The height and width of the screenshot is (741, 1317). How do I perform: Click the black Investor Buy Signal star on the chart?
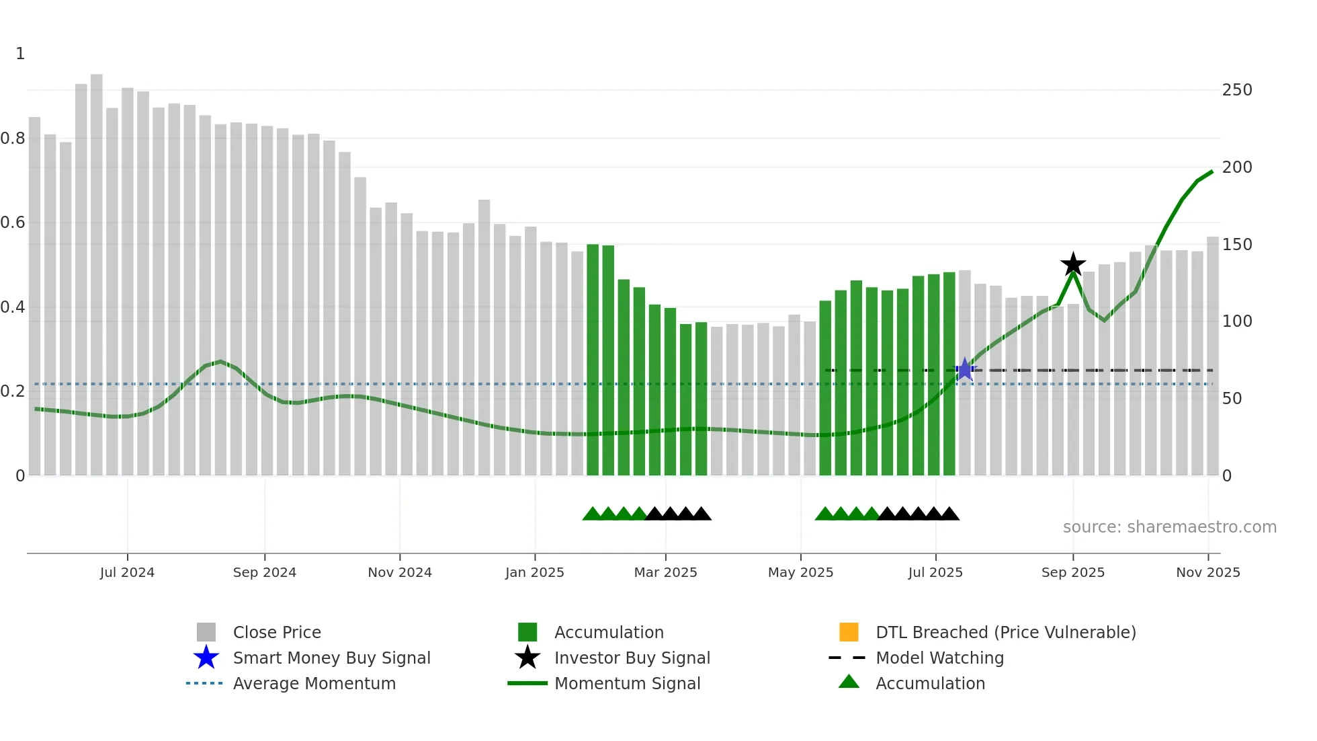click(1073, 264)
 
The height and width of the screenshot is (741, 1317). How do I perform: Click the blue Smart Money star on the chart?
click(965, 369)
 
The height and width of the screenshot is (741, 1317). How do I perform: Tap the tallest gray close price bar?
click(97, 269)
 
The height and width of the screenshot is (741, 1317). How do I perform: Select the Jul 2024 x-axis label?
click(127, 572)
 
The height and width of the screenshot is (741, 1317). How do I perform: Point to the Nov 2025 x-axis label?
click(1207, 572)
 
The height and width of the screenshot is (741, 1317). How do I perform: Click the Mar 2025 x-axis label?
click(665, 572)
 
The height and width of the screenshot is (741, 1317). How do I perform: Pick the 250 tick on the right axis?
click(1237, 90)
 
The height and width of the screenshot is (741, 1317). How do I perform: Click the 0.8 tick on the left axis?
click(13, 139)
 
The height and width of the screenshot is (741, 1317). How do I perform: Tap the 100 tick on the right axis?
click(1237, 321)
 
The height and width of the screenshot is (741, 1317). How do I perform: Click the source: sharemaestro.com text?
click(1169, 527)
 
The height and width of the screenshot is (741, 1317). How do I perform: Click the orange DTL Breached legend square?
click(849, 632)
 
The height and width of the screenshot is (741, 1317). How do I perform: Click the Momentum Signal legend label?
click(627, 683)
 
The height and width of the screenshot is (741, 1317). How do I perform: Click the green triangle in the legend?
click(849, 682)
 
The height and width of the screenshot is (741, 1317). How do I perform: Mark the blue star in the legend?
click(206, 658)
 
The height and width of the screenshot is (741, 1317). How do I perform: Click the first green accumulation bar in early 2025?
click(593, 360)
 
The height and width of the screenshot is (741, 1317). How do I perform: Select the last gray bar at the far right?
click(1212, 356)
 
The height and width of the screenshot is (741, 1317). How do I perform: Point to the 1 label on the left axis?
click(20, 54)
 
